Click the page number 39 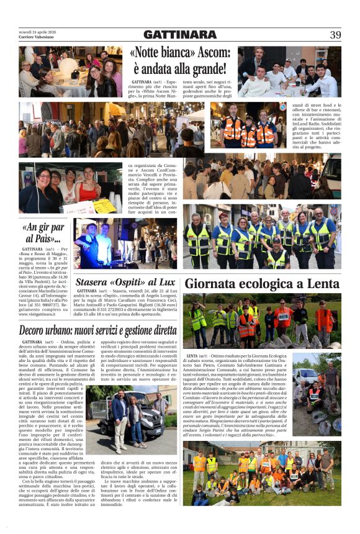(x=335, y=35)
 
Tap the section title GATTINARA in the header (x=180, y=35)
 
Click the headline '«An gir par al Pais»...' (x=43, y=233)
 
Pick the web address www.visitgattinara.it (x=40, y=314)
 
